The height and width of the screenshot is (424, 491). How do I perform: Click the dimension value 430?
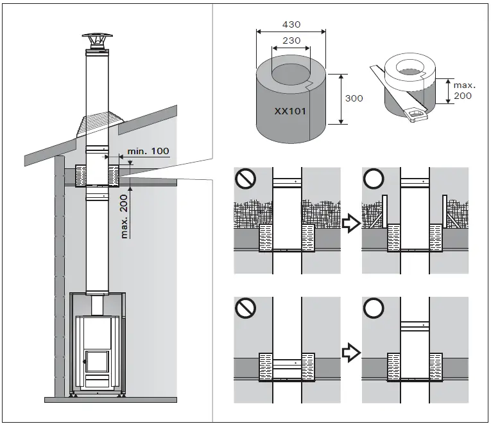291,24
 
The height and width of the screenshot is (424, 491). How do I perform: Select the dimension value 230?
291,40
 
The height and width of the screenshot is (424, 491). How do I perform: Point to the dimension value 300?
354,98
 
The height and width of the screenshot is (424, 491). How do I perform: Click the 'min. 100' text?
148,152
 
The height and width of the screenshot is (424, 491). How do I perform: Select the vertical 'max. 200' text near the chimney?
125,216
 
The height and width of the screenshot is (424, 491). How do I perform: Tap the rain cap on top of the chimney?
98,40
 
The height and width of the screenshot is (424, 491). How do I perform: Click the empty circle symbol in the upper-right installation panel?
373,180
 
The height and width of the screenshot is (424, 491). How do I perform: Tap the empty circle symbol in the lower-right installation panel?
373,310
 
